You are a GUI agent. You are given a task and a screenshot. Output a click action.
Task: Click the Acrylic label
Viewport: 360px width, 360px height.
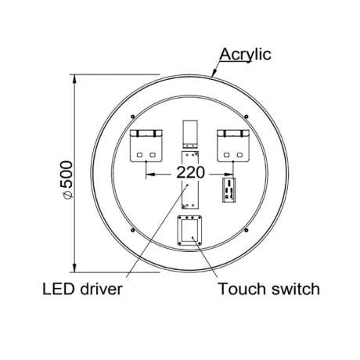click(245, 55)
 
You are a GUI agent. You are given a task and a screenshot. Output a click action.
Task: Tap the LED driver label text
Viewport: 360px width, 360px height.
click(82, 290)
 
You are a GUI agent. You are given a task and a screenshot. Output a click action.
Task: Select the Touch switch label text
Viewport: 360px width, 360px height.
click(269, 289)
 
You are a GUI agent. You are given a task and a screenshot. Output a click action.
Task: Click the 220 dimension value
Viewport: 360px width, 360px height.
click(190, 172)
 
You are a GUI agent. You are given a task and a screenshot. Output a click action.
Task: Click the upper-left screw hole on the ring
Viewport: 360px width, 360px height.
click(133, 117)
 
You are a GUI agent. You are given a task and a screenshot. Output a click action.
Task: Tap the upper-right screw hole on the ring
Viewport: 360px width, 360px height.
click(247, 117)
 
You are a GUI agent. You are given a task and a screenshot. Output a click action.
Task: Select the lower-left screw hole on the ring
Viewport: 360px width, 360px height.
click(133, 230)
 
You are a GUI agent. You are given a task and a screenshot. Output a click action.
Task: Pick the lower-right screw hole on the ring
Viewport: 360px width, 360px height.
click(247, 230)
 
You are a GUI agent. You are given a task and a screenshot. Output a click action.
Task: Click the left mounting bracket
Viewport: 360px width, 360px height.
click(146, 146)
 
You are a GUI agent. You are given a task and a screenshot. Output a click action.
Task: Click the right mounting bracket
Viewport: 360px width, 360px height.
click(233, 146)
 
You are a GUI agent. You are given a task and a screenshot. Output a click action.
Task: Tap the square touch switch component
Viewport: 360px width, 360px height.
click(189, 230)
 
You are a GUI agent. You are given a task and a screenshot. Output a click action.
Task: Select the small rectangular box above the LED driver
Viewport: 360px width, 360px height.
click(190, 135)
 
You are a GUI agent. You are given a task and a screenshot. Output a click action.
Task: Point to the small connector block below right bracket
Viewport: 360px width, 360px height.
click(229, 190)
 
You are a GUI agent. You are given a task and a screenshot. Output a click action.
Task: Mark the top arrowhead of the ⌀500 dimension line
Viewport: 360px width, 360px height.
click(74, 79)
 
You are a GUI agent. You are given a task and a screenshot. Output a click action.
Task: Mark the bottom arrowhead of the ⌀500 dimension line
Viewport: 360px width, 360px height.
click(74, 268)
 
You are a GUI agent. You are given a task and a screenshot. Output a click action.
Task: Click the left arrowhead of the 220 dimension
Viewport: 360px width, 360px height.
click(150, 173)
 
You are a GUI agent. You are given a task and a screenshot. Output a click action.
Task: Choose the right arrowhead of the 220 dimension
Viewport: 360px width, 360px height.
click(229, 174)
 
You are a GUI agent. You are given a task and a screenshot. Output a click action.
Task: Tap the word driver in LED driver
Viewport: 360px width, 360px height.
click(101, 290)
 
